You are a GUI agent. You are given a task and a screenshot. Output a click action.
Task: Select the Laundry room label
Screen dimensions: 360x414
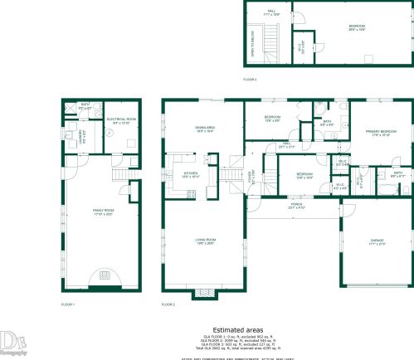pos(81,134)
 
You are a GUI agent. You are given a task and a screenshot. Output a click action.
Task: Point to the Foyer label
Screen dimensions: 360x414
pos(251,178)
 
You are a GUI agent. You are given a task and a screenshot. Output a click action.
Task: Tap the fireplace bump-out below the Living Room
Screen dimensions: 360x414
pos(203,292)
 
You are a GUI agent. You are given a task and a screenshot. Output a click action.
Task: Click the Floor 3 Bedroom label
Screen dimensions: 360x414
pos(358,27)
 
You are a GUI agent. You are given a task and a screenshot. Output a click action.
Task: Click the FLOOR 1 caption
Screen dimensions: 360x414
pos(68,305)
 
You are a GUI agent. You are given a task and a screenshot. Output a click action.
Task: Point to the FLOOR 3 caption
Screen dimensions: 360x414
pos(250,79)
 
